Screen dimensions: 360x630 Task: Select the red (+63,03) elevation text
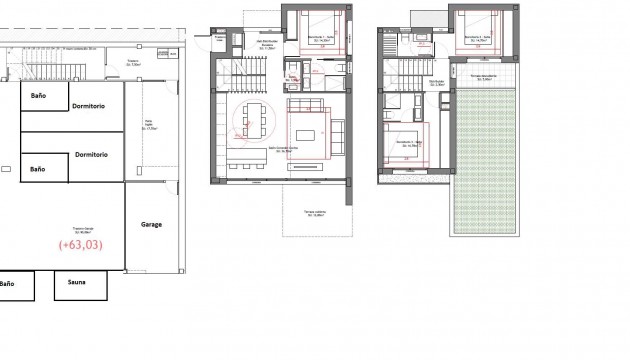click(x=79, y=243)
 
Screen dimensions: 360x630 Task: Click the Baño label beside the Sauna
click(x=7, y=284)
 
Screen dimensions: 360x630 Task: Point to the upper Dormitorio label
click(x=91, y=105)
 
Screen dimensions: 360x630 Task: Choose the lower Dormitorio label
click(x=91, y=155)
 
